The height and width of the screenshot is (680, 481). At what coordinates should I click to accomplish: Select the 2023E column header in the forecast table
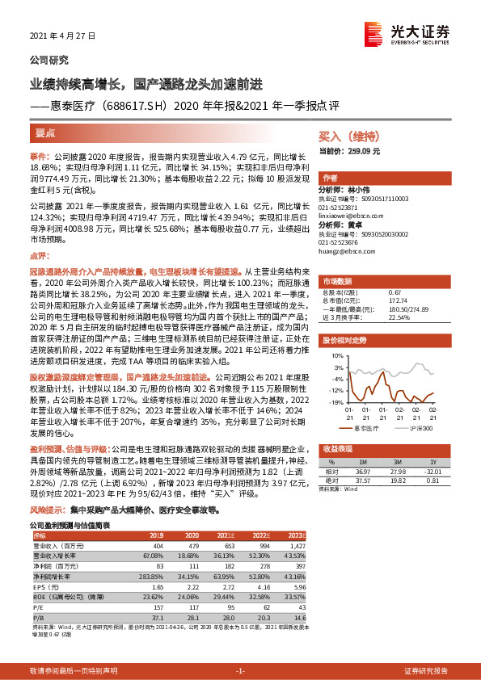(294, 535)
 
